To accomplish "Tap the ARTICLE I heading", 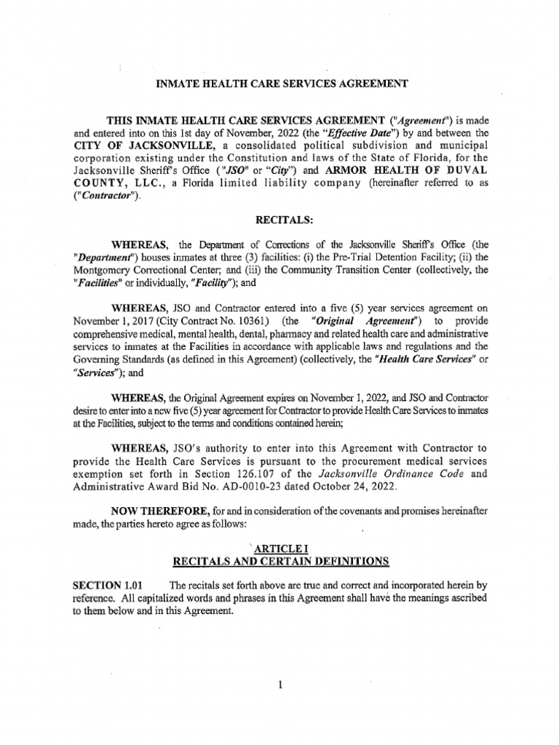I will (279, 548).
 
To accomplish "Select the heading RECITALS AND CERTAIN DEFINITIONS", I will (279, 561).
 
